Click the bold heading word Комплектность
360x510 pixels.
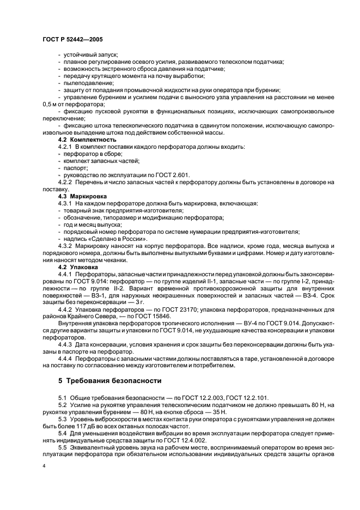pyautogui.click(x=95, y=139)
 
